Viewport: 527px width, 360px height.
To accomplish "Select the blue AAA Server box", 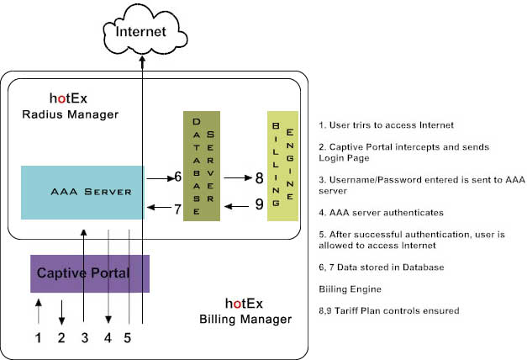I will click(82, 192).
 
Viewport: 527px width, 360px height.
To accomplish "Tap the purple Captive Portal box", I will click(90, 273).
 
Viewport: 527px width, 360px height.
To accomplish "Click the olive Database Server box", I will click(202, 166).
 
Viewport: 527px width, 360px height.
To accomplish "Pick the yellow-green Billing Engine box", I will click(282, 166).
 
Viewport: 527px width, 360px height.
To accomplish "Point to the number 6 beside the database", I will click(177, 177).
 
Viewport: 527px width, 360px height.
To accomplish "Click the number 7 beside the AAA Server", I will click(177, 209).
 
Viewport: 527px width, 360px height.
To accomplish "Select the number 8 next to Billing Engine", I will click(259, 177).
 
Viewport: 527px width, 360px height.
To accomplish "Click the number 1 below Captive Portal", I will click(36, 338).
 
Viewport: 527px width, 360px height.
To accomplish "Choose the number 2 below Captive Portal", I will click(61, 338).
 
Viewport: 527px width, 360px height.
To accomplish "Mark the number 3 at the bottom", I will click(84, 338).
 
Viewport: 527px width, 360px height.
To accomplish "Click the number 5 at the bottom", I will click(129, 338).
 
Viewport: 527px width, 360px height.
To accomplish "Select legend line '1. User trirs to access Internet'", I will click(387, 125).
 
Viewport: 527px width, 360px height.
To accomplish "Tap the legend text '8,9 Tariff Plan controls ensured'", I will click(388, 310).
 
